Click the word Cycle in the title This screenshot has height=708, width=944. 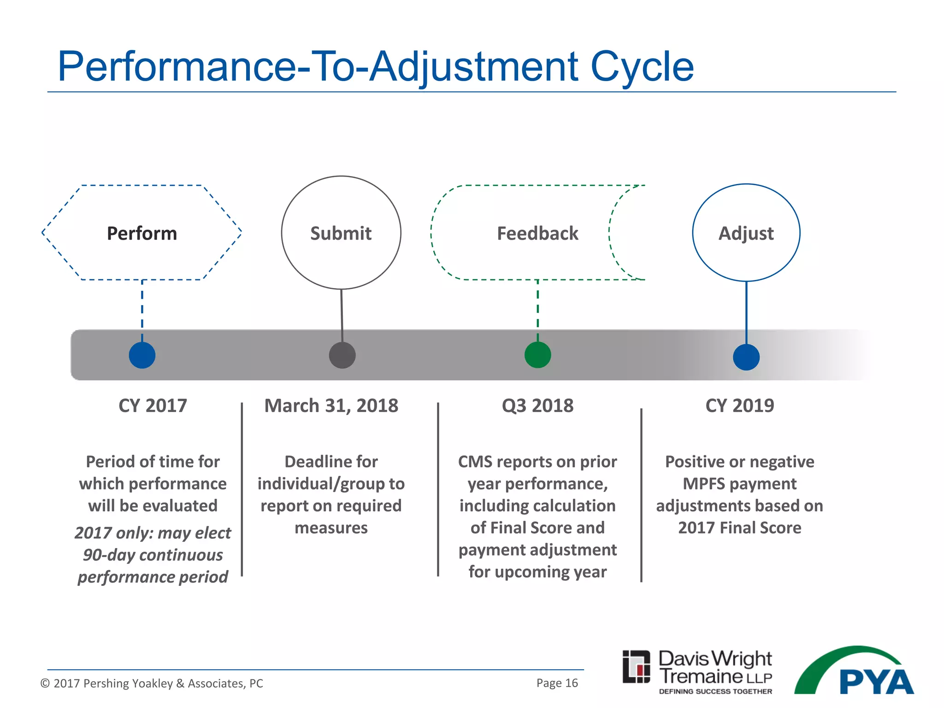point(642,67)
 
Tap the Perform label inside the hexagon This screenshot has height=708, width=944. point(142,233)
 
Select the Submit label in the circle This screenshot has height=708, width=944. point(341,233)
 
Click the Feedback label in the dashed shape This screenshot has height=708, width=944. point(537,233)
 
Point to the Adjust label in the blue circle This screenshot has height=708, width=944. point(746,233)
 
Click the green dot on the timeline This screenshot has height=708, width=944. point(537,355)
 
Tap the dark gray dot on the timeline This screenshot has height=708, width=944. point(342,355)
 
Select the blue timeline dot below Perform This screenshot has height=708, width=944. point(142,355)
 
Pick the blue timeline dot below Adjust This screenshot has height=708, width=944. point(746,357)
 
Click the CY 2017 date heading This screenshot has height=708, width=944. point(153,406)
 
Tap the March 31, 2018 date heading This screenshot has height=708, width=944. point(331,406)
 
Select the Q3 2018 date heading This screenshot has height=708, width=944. point(537,406)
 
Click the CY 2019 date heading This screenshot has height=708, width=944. point(739,406)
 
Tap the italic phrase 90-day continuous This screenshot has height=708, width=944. point(153,555)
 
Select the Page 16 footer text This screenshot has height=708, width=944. point(557,683)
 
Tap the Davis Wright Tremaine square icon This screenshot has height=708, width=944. point(636,667)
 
